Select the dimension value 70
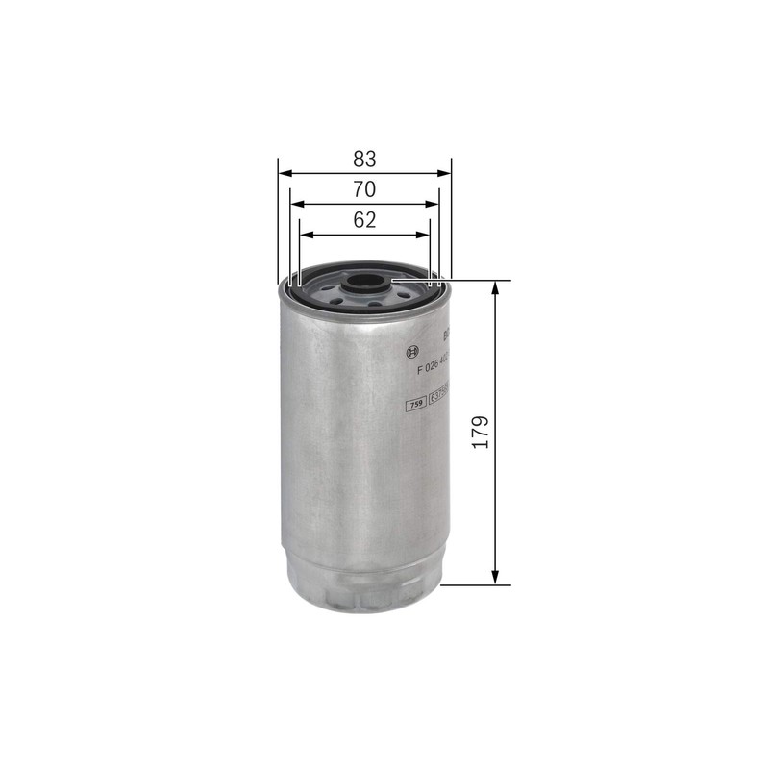coord(364,189)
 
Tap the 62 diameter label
coord(364,220)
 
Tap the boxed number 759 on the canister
coord(416,405)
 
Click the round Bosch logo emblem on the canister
coord(413,348)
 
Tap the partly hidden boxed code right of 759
coord(439,405)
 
